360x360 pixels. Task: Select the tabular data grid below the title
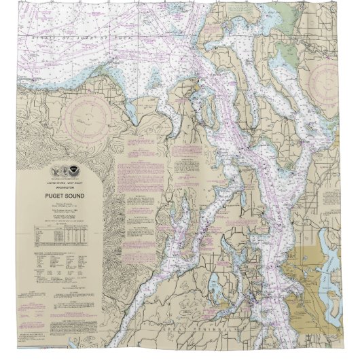60,235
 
